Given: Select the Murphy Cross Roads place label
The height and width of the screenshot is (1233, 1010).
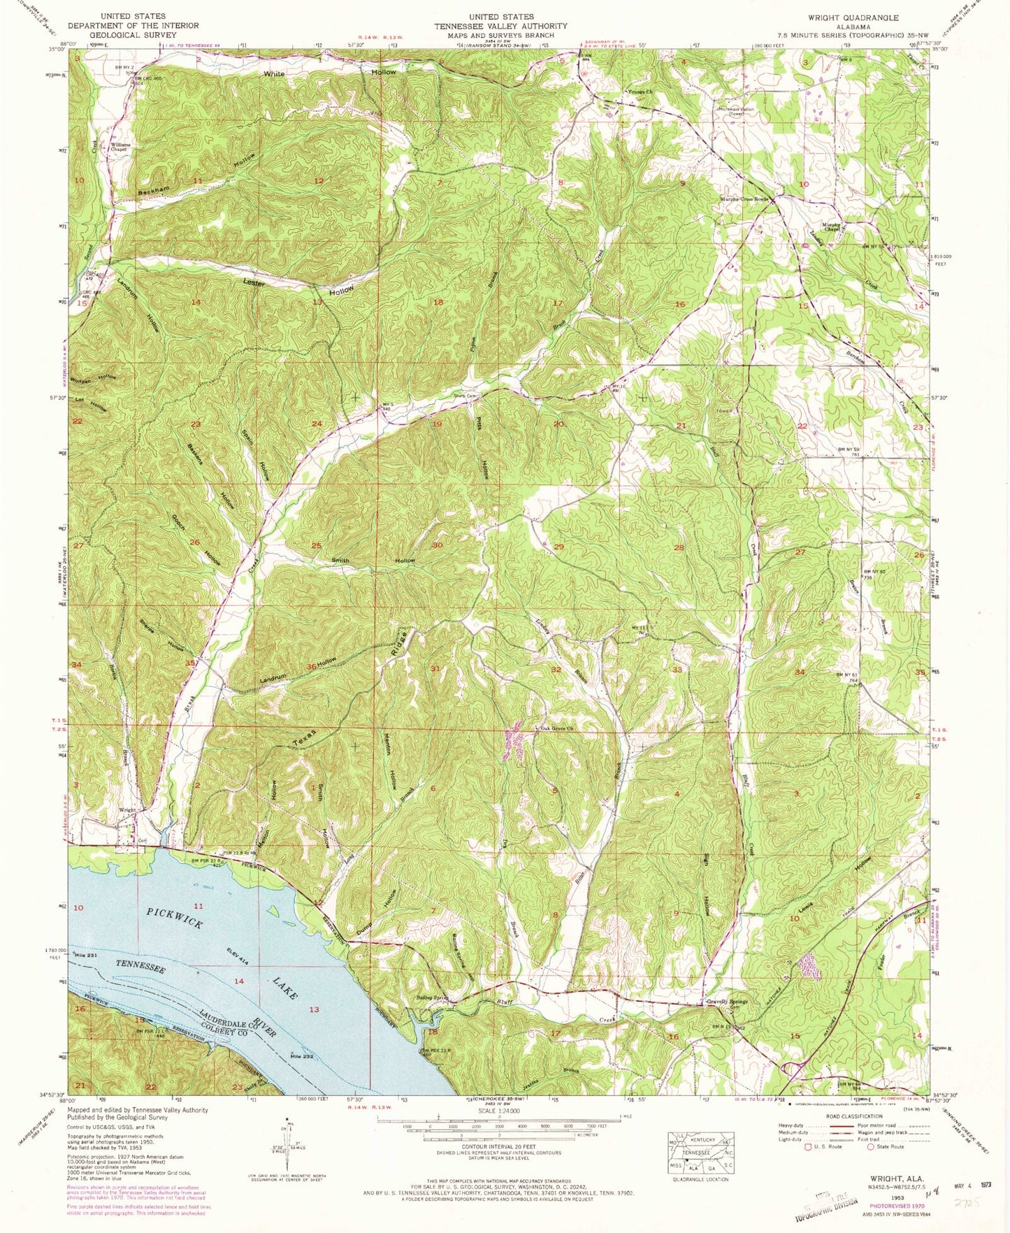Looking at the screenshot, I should coord(744,199).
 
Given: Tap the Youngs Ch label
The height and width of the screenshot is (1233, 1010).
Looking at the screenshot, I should coord(638,92).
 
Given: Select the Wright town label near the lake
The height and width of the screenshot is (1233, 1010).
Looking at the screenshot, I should coord(127,810).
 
